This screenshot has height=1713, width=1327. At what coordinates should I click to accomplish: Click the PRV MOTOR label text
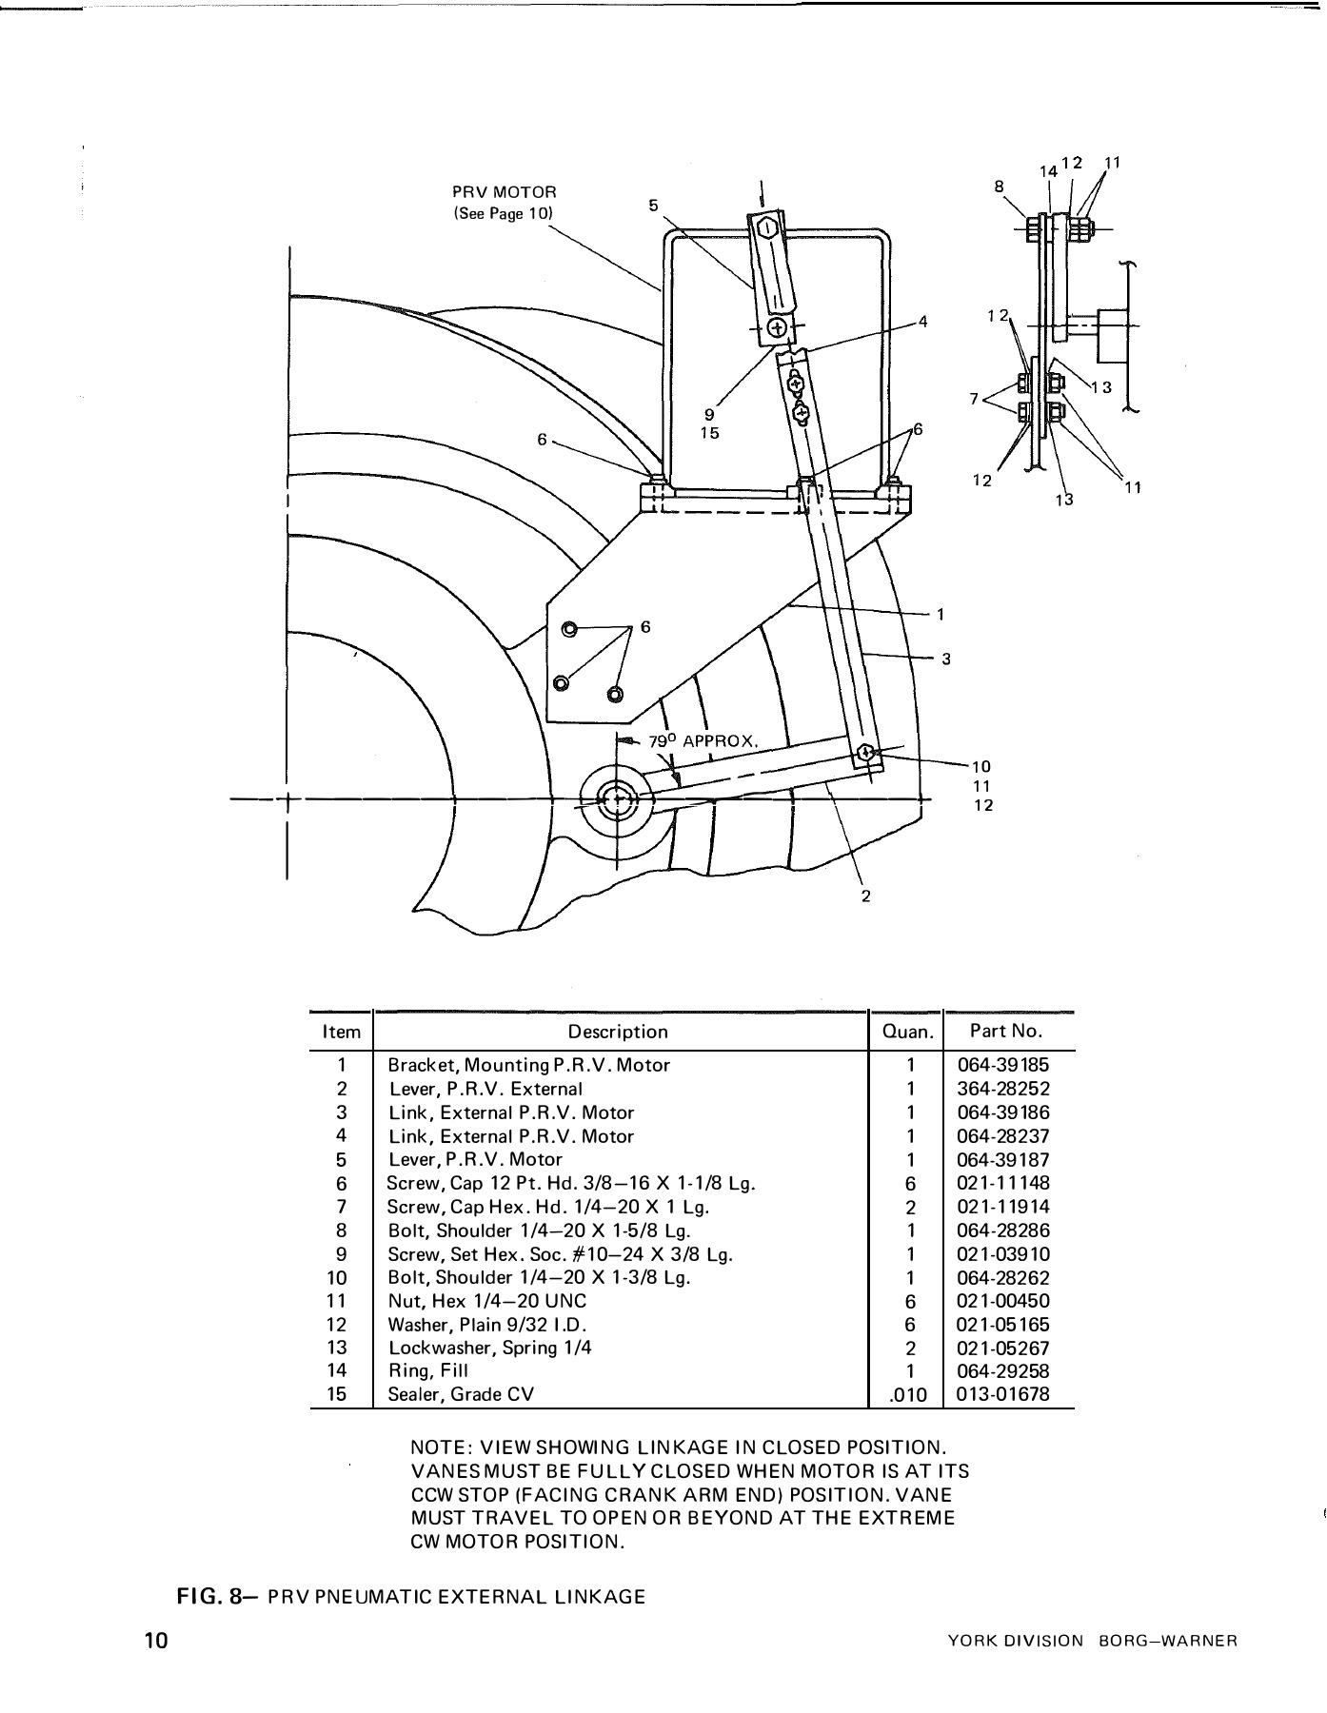(504, 192)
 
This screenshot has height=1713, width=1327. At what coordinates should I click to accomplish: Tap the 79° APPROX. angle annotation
(703, 741)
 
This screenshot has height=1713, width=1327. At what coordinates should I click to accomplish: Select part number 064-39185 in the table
(1008, 1065)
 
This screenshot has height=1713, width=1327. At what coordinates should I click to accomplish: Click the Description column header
(618, 1032)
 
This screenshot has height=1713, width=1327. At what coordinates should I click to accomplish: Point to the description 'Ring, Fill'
(427, 1370)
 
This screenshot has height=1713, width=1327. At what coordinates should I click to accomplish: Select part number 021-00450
(1008, 1301)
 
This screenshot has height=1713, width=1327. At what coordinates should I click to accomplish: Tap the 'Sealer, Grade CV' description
(461, 1394)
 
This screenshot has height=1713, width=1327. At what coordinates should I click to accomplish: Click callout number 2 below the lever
(865, 896)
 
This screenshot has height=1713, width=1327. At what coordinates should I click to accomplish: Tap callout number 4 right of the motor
(921, 321)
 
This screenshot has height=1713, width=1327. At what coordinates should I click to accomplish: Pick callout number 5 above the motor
(653, 204)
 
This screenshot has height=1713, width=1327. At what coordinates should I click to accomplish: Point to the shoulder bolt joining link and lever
(865, 753)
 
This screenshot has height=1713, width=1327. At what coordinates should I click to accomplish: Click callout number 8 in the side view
(999, 187)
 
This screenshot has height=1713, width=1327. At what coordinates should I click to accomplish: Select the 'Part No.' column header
(1006, 1031)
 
